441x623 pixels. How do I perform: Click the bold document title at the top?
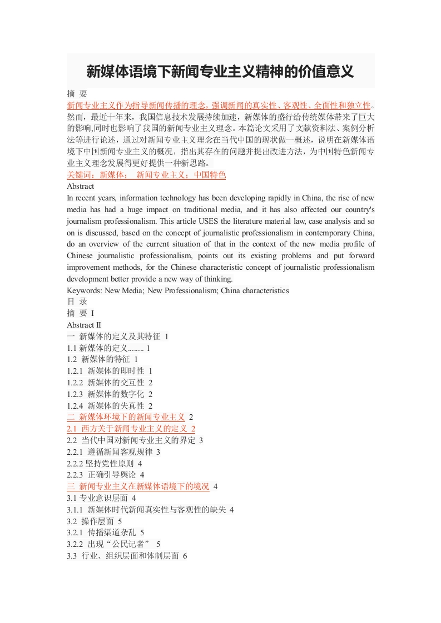[x=220, y=72]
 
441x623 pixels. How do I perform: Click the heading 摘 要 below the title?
[x=77, y=94]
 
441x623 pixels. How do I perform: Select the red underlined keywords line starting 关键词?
[x=146, y=175]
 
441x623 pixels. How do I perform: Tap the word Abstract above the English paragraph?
[x=81, y=187]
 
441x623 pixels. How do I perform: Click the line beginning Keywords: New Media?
[x=177, y=290]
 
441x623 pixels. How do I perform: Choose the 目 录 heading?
[x=77, y=302]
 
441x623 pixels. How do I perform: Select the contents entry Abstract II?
[x=84, y=325]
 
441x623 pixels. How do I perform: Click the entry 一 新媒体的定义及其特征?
[x=117, y=336]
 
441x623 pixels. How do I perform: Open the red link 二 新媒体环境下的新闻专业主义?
[x=126, y=417]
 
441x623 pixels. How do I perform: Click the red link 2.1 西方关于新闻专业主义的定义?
[x=131, y=429]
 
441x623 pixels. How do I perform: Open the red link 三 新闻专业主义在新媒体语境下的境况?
[x=138, y=486]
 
